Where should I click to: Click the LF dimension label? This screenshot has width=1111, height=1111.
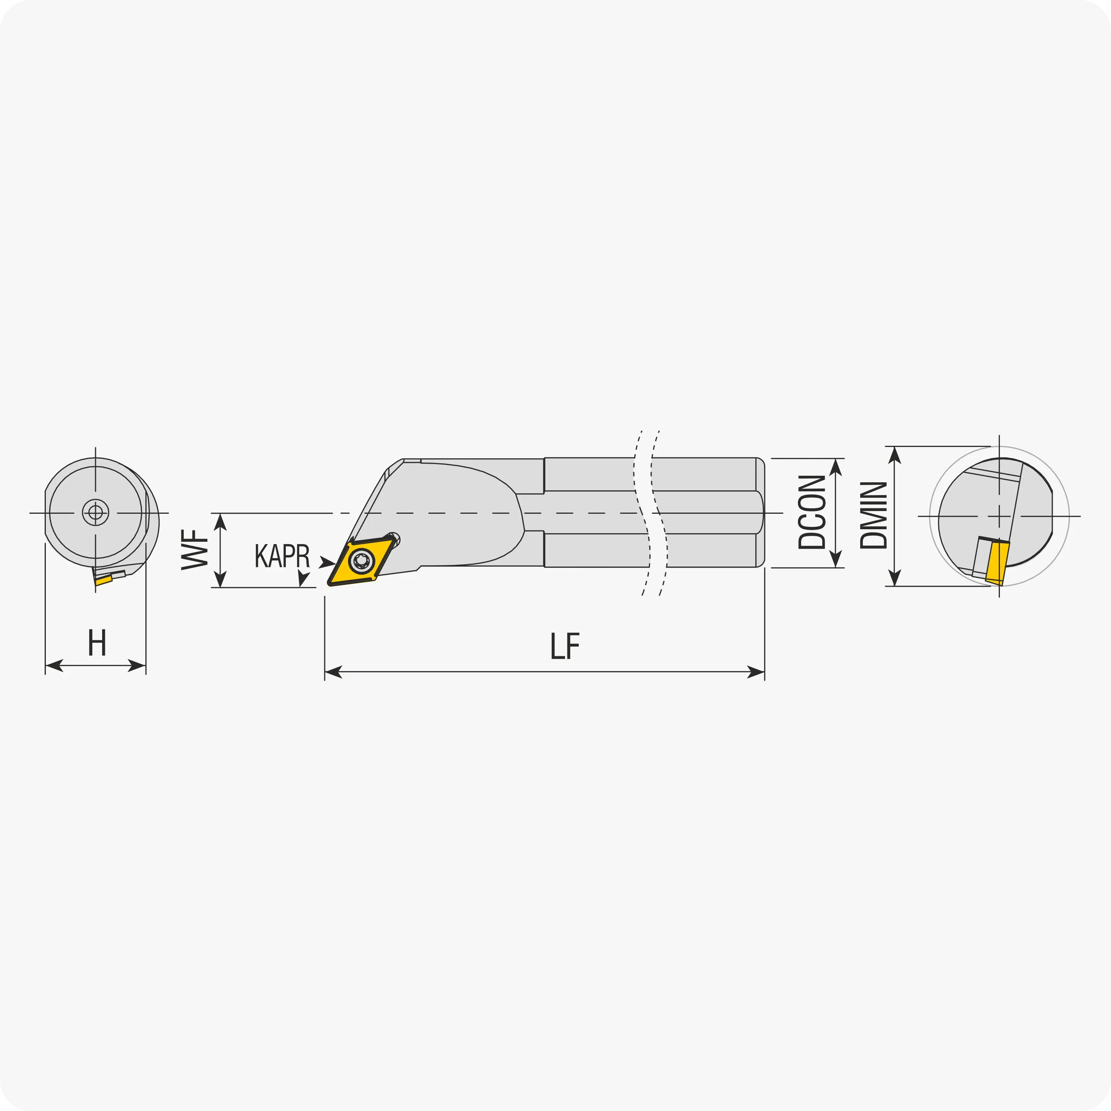[565, 646]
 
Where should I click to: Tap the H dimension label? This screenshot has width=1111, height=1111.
[97, 642]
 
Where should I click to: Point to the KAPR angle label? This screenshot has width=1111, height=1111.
[282, 555]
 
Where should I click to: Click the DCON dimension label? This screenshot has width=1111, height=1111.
[812, 512]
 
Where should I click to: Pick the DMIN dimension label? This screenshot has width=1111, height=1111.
[873, 515]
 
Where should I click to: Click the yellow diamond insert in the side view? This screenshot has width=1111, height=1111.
[361, 561]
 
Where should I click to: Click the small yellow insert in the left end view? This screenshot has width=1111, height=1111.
[104, 580]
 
